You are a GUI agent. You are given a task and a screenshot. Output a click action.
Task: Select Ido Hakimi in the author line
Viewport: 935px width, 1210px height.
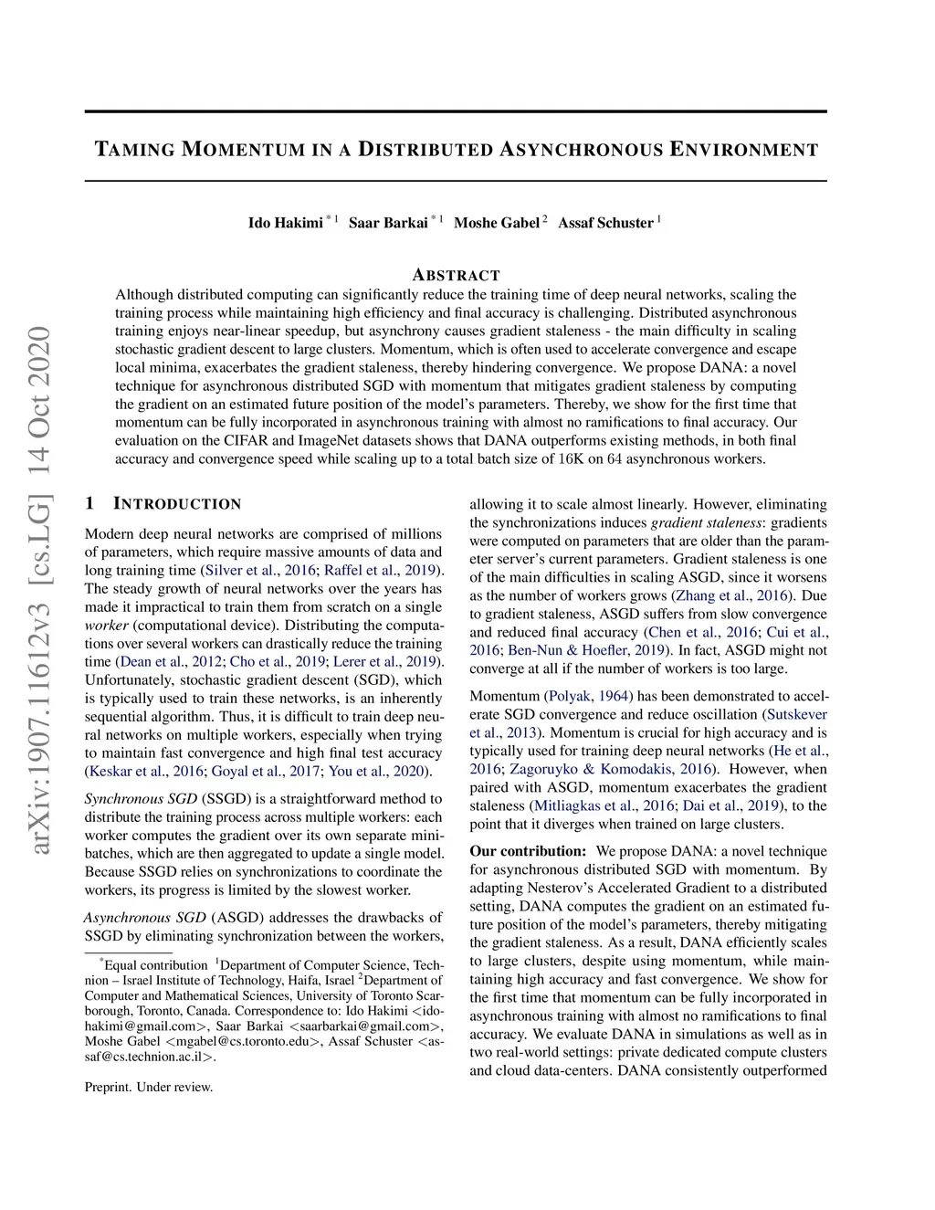285,223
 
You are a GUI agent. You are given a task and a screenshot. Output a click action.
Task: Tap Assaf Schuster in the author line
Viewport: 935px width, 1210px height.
605,223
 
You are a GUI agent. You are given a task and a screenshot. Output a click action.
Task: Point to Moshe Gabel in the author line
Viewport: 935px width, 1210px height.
496,223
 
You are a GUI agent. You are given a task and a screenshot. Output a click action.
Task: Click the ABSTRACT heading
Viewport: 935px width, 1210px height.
456,275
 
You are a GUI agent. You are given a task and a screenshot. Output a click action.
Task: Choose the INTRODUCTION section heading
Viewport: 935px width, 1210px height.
177,504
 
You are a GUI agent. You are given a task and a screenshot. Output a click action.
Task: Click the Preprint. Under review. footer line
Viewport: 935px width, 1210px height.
149,1087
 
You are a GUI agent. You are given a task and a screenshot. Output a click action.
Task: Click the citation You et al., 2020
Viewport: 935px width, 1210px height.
377,771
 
